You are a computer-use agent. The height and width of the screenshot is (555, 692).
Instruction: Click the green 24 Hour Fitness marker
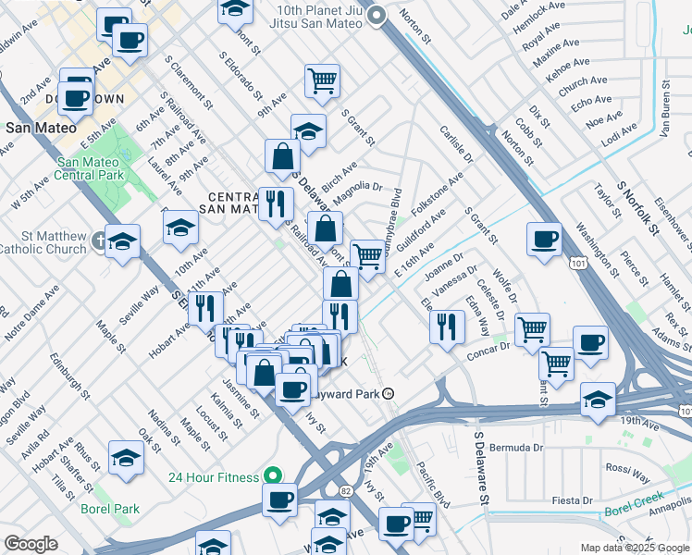(272, 476)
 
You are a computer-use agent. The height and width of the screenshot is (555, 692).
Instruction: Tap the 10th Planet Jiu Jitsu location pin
(376, 16)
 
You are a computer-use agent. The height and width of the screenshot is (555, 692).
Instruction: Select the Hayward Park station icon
(389, 393)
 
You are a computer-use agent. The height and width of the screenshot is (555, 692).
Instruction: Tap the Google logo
(31, 543)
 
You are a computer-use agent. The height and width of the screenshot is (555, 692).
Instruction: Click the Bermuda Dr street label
(518, 448)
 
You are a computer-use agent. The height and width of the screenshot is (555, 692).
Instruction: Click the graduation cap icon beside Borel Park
(126, 457)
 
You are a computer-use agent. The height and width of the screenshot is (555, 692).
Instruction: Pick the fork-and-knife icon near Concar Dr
(447, 326)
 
